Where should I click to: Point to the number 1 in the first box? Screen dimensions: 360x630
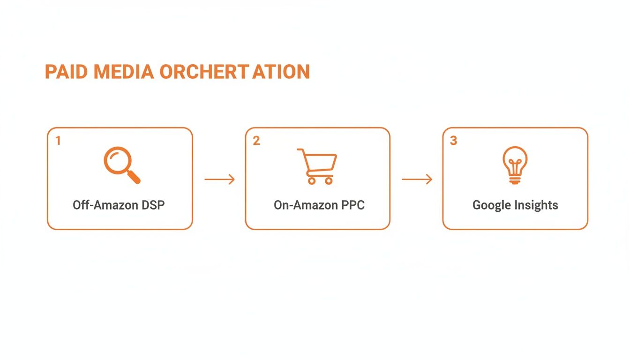pos(58,141)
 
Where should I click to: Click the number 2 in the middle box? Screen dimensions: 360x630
pos(256,141)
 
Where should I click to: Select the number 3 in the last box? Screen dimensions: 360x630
pos(453,141)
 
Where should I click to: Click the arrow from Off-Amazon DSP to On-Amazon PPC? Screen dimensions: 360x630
pos(219,179)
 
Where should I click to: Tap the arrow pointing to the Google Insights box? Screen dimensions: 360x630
pos(417,179)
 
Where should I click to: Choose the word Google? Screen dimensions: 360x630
pos(491,205)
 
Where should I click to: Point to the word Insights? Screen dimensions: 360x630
pos(536,205)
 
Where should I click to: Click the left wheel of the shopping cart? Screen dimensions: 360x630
pos(311,180)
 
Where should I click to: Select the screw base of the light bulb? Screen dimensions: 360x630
pos(515,180)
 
